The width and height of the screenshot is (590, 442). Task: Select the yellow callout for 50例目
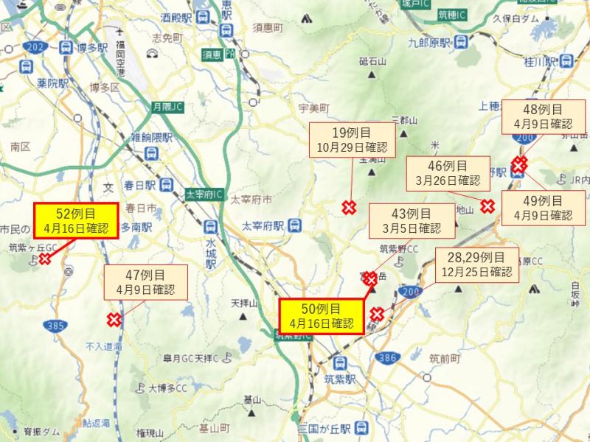[322, 315]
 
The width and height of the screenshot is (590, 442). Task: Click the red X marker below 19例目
[348, 208]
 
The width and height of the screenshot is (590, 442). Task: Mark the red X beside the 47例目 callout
[114, 319]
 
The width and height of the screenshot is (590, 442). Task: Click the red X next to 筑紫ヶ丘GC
[45, 259]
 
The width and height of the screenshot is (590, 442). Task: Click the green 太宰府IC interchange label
[201, 193]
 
